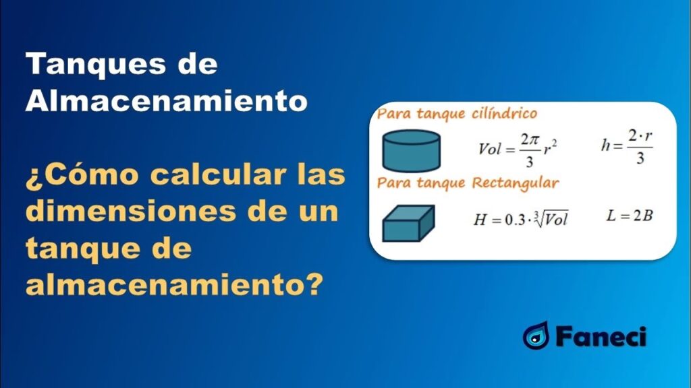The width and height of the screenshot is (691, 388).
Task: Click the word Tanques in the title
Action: click(96, 65)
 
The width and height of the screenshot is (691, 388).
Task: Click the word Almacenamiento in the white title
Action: click(167, 101)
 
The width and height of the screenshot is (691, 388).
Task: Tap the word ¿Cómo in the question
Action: click(82, 174)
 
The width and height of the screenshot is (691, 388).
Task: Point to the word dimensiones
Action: click(131, 211)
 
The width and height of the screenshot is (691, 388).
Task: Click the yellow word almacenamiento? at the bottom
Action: click(175, 285)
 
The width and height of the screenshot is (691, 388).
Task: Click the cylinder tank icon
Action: click(411, 150)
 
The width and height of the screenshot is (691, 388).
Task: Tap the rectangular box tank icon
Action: click(408, 223)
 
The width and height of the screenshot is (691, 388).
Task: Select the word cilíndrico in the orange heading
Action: click(504, 113)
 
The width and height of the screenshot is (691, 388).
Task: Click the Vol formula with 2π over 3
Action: click(518, 150)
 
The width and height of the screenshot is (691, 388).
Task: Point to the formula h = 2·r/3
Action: click(627, 146)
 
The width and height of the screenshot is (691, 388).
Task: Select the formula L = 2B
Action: click(630, 216)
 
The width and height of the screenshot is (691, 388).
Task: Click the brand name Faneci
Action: click(600, 337)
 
